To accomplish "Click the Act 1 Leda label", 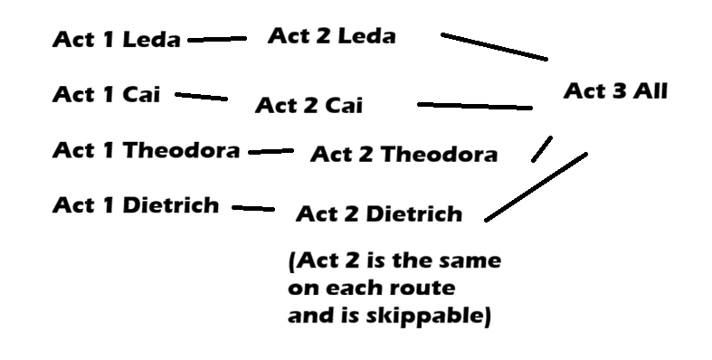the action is (x=117, y=39).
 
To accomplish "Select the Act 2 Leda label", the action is (x=331, y=35).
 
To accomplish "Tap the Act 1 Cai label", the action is (x=107, y=94).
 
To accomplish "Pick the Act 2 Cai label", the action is (x=309, y=105).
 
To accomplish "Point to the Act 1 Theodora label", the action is (x=147, y=150).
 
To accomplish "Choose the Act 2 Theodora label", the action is (x=403, y=154).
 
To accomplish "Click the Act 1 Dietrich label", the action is (x=136, y=205).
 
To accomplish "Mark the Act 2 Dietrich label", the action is (x=379, y=213).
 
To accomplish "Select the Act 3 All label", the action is (x=615, y=90).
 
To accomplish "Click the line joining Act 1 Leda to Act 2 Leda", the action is (x=217, y=40).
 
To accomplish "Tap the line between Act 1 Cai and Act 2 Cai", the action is (x=201, y=96).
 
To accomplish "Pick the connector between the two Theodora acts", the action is (x=271, y=151).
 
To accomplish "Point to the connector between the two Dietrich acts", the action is (x=253, y=208).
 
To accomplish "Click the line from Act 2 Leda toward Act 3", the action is (x=495, y=46).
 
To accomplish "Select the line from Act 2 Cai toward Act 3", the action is (x=475, y=106).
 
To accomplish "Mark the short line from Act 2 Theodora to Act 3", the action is (x=542, y=148).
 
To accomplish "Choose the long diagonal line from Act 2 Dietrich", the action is (x=536, y=187).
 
